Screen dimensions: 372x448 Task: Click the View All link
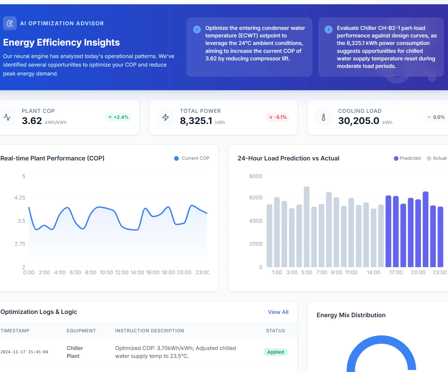278,312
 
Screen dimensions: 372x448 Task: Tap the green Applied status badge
275,352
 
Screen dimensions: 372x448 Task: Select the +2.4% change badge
118,117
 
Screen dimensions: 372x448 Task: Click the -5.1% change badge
277,117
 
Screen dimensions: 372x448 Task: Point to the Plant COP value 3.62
32,121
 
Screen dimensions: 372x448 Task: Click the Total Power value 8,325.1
196,121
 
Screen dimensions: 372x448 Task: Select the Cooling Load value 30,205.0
358,121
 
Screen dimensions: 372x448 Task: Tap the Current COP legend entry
192,158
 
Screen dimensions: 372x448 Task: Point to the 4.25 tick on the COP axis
20,197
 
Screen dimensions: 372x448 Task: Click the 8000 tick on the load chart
255,176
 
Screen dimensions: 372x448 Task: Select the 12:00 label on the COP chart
122,272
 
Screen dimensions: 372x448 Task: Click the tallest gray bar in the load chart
307,226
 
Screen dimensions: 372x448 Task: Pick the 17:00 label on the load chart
396,272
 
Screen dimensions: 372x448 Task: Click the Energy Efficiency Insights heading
61,42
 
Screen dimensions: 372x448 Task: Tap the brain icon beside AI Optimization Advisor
10,23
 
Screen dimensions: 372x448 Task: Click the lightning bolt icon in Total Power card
166,117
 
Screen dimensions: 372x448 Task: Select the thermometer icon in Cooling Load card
324,117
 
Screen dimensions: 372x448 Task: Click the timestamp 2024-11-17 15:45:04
24,352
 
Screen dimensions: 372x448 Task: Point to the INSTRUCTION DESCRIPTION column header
149,331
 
